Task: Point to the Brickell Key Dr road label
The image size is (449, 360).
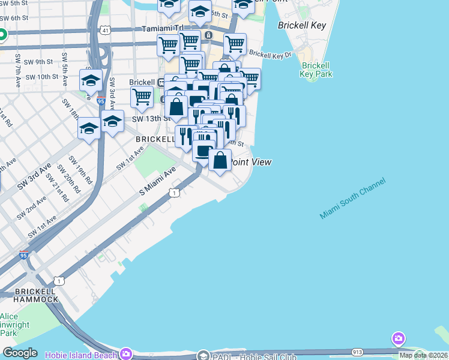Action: [270, 55]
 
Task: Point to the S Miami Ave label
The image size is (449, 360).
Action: [157, 181]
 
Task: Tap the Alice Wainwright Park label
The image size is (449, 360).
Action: [9, 325]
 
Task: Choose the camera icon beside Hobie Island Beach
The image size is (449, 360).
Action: [125, 353]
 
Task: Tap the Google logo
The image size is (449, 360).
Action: [20, 353]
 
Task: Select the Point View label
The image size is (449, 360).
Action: [252, 162]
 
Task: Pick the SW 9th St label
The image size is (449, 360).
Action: [41, 61]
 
